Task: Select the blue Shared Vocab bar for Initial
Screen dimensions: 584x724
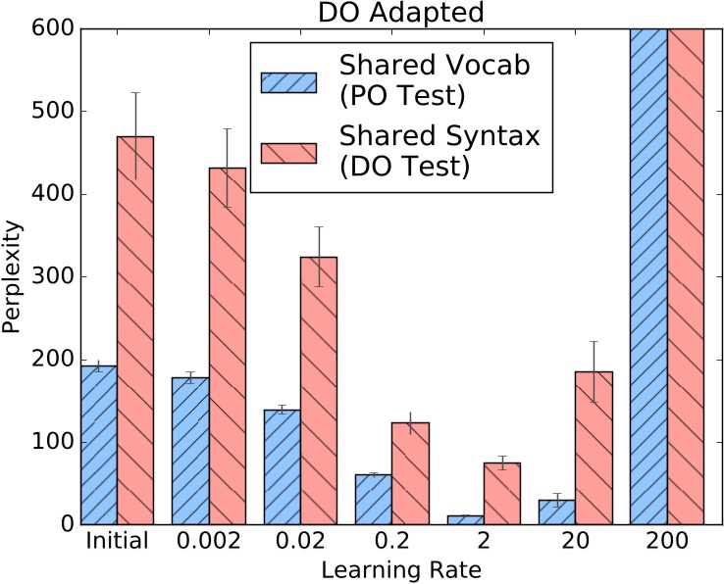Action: tap(98, 445)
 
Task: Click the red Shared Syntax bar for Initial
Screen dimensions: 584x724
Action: tap(135, 330)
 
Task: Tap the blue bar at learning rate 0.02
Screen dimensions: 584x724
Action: tap(282, 466)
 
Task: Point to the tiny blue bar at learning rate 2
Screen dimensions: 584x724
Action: tap(465, 519)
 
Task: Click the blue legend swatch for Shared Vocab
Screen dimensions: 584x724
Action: tap(289, 82)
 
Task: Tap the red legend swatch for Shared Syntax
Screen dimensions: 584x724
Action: tap(289, 152)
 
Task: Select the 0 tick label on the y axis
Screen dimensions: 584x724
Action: tap(65, 525)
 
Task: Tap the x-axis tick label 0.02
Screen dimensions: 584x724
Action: tap(300, 542)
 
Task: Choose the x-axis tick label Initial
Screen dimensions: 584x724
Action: tap(117, 542)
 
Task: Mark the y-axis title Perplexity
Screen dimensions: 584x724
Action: tap(13, 277)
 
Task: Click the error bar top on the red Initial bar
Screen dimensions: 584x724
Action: tap(135, 93)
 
